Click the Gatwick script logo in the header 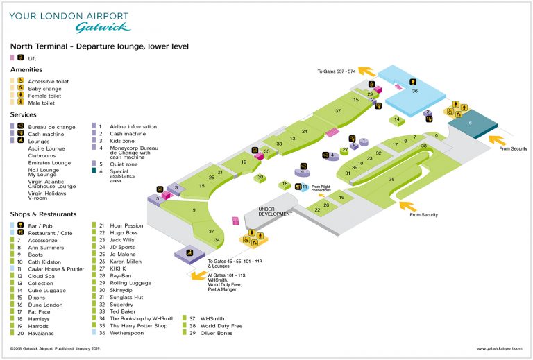102,27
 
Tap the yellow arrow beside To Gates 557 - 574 367,70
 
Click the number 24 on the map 304,131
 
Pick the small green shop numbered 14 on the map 397,120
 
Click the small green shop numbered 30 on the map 260,178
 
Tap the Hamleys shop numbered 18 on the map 285,185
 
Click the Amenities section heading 26,70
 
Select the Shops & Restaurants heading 43,214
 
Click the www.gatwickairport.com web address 498,348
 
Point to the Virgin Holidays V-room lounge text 52,194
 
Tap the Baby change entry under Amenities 44,89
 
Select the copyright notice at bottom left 52,348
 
